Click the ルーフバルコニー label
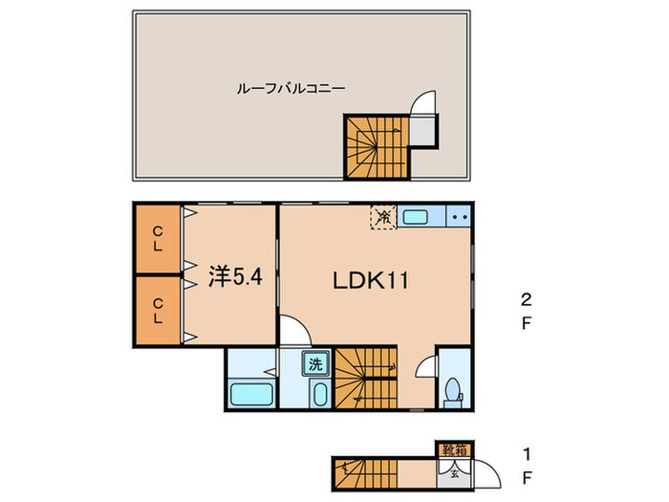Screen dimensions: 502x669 291,88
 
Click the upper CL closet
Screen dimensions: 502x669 157,238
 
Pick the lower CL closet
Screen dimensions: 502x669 157,311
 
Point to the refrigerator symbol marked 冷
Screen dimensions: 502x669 382,217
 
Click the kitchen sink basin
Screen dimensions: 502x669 416,217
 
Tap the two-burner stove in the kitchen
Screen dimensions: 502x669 458,217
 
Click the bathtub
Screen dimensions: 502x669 251,395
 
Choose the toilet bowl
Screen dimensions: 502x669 453,393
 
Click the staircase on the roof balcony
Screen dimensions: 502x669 375,146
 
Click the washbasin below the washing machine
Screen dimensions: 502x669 318,394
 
